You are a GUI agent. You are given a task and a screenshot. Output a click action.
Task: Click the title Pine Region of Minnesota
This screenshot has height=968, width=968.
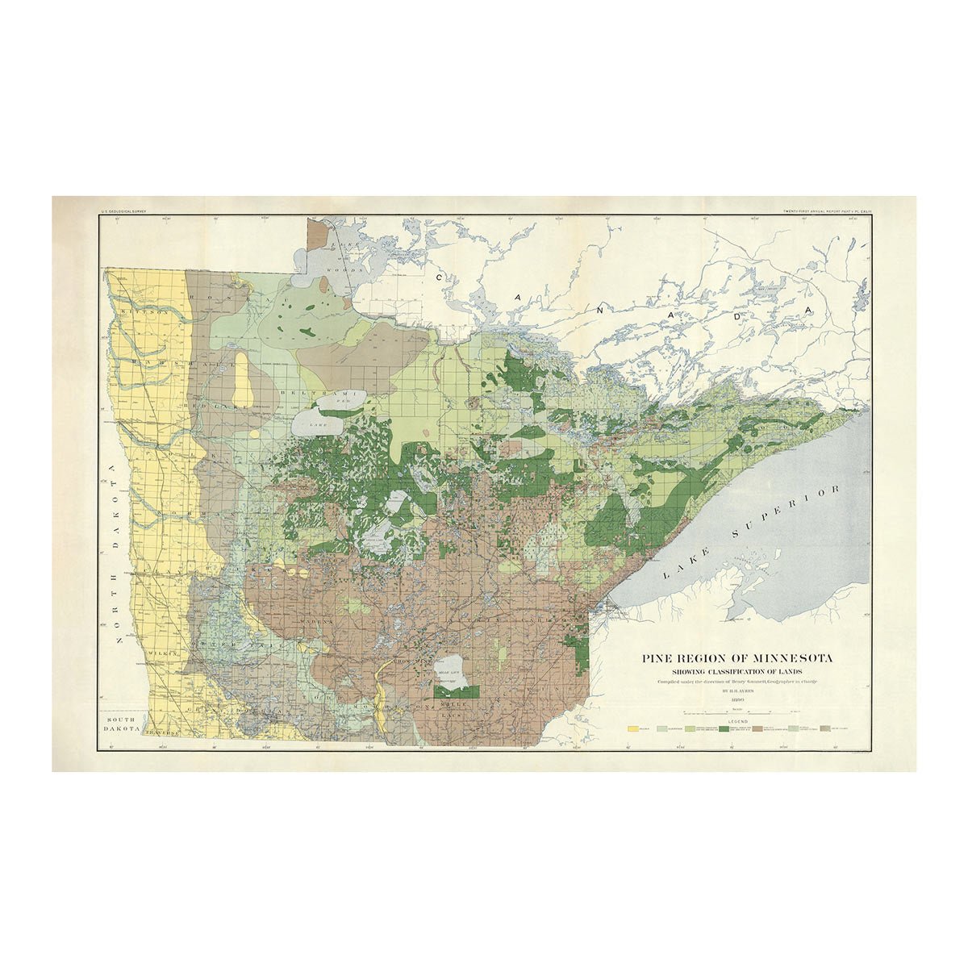tap(737, 658)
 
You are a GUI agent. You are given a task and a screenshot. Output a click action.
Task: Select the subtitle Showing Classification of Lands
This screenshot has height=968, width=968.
tap(737, 672)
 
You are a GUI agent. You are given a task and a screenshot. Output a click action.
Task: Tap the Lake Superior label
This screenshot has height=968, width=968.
tap(754, 533)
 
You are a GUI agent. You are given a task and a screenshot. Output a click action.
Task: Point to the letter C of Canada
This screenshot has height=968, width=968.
tap(440, 277)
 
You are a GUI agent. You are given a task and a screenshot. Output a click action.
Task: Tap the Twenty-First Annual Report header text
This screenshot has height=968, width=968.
tap(828, 212)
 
